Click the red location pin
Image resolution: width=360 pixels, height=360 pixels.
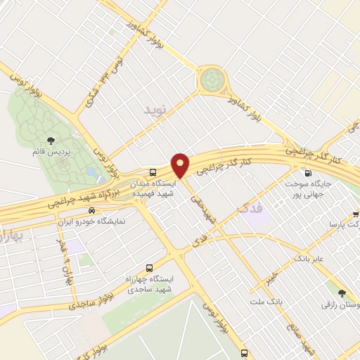point(181,165)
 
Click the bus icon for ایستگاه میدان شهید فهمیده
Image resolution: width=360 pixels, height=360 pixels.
point(153,172)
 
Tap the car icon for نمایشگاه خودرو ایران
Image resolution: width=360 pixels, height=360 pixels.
point(91,210)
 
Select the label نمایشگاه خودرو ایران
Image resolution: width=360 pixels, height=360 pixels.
point(91,220)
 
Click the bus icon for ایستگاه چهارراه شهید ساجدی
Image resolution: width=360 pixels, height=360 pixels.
point(149,268)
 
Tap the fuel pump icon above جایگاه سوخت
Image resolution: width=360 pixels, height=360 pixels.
point(307,174)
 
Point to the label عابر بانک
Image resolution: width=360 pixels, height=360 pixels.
point(311,259)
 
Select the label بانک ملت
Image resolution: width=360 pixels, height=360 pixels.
point(266,301)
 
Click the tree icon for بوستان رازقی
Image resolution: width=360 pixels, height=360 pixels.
point(342,293)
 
